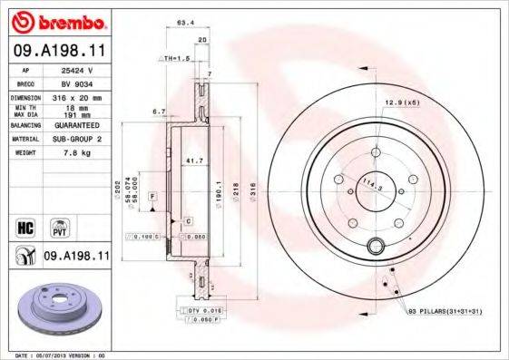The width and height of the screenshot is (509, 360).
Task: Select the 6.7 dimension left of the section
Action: tap(157, 112)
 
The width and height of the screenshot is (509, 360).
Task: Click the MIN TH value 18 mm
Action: tap(73, 108)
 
